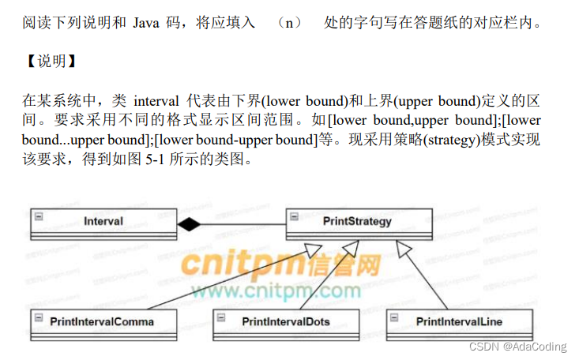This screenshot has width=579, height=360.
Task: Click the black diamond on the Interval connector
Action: pyautogui.click(x=190, y=225)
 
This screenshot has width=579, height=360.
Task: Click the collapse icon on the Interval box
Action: pyautogui.click(x=38, y=216)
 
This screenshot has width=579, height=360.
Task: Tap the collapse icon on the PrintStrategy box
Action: pyautogui.click(x=293, y=216)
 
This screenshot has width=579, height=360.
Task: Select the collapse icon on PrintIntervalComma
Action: pyautogui.click(x=38, y=315)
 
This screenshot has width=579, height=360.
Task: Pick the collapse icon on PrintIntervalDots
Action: pyautogui.click(x=222, y=315)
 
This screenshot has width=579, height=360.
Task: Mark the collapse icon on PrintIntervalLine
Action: pyautogui.click(x=397, y=315)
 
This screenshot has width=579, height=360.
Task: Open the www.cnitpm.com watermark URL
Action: pyautogui.click(x=275, y=292)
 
